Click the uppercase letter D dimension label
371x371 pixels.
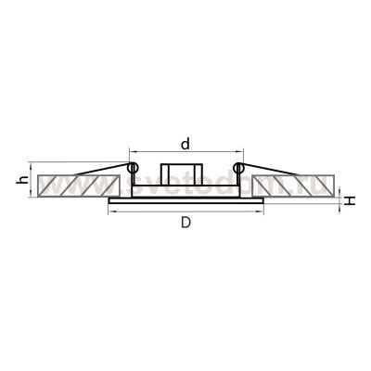(x=185, y=224)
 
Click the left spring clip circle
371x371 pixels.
(x=133, y=168)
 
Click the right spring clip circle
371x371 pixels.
(x=239, y=168)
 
